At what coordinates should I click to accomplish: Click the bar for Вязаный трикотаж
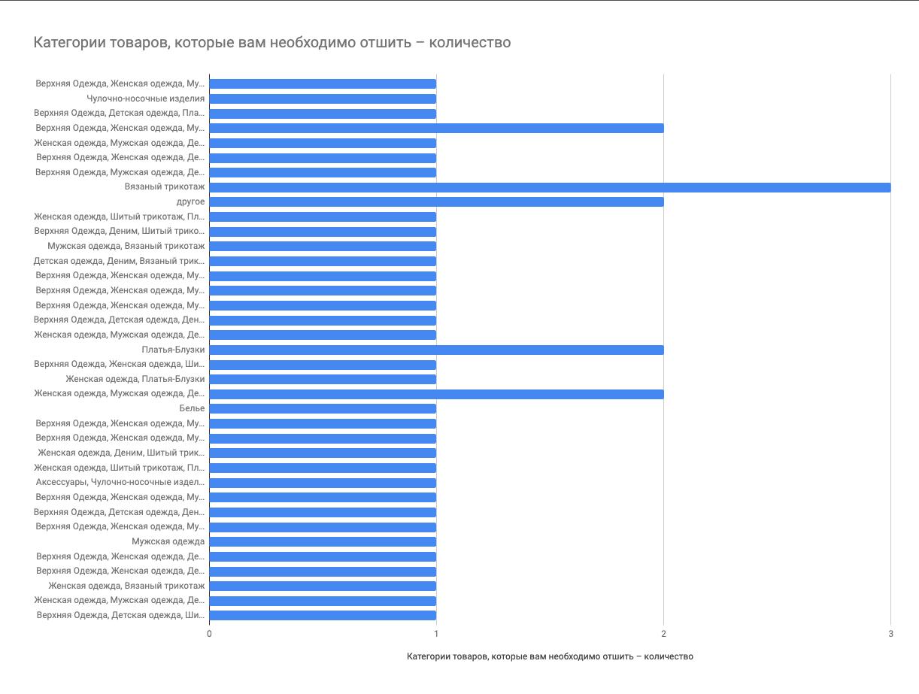549,187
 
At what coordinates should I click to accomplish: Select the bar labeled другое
436,202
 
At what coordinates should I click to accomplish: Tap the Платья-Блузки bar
436,350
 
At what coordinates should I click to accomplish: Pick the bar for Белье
323,408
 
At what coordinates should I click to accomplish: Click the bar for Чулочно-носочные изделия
323,98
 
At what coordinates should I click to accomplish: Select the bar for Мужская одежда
323,541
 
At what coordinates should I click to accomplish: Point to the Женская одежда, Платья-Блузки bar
323,379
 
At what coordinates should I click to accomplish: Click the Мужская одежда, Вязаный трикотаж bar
323,246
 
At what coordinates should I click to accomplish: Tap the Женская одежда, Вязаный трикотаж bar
323,586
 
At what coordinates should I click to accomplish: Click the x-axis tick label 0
209,634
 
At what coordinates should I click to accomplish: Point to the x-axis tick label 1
436,634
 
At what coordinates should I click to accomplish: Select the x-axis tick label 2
663,634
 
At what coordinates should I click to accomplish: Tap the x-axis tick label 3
890,634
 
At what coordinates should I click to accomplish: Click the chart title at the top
272,43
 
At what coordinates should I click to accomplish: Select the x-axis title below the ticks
550,656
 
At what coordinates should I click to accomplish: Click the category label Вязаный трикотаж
165,187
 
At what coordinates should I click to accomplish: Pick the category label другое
191,202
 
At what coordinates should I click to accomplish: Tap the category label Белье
192,408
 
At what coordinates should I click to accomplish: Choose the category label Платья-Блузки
173,350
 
